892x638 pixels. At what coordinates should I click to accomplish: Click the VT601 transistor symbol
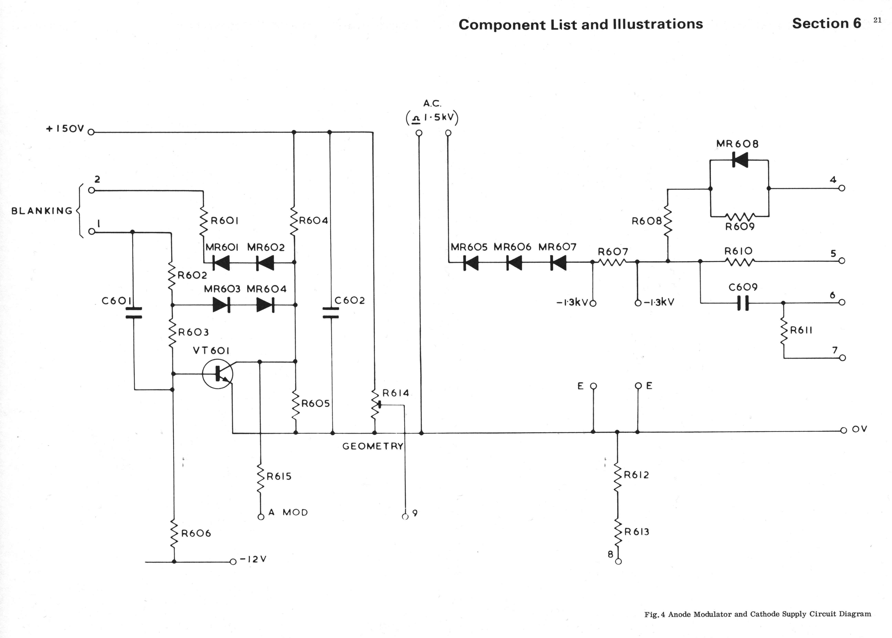pyautogui.click(x=218, y=374)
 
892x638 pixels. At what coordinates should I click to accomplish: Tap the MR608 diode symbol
pyautogui.click(x=740, y=160)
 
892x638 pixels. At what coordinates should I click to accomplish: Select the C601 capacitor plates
pyautogui.click(x=133, y=312)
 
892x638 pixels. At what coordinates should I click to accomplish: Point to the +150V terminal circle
pyautogui.click(x=91, y=132)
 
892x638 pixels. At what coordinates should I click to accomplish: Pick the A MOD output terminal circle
pyautogui.click(x=261, y=517)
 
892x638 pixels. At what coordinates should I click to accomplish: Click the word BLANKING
pyautogui.click(x=42, y=211)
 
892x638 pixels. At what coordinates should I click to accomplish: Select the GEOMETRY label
pyautogui.click(x=373, y=446)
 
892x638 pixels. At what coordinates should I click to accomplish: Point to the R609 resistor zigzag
pyautogui.click(x=740, y=216)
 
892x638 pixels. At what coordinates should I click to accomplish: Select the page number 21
pyautogui.click(x=877, y=20)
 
